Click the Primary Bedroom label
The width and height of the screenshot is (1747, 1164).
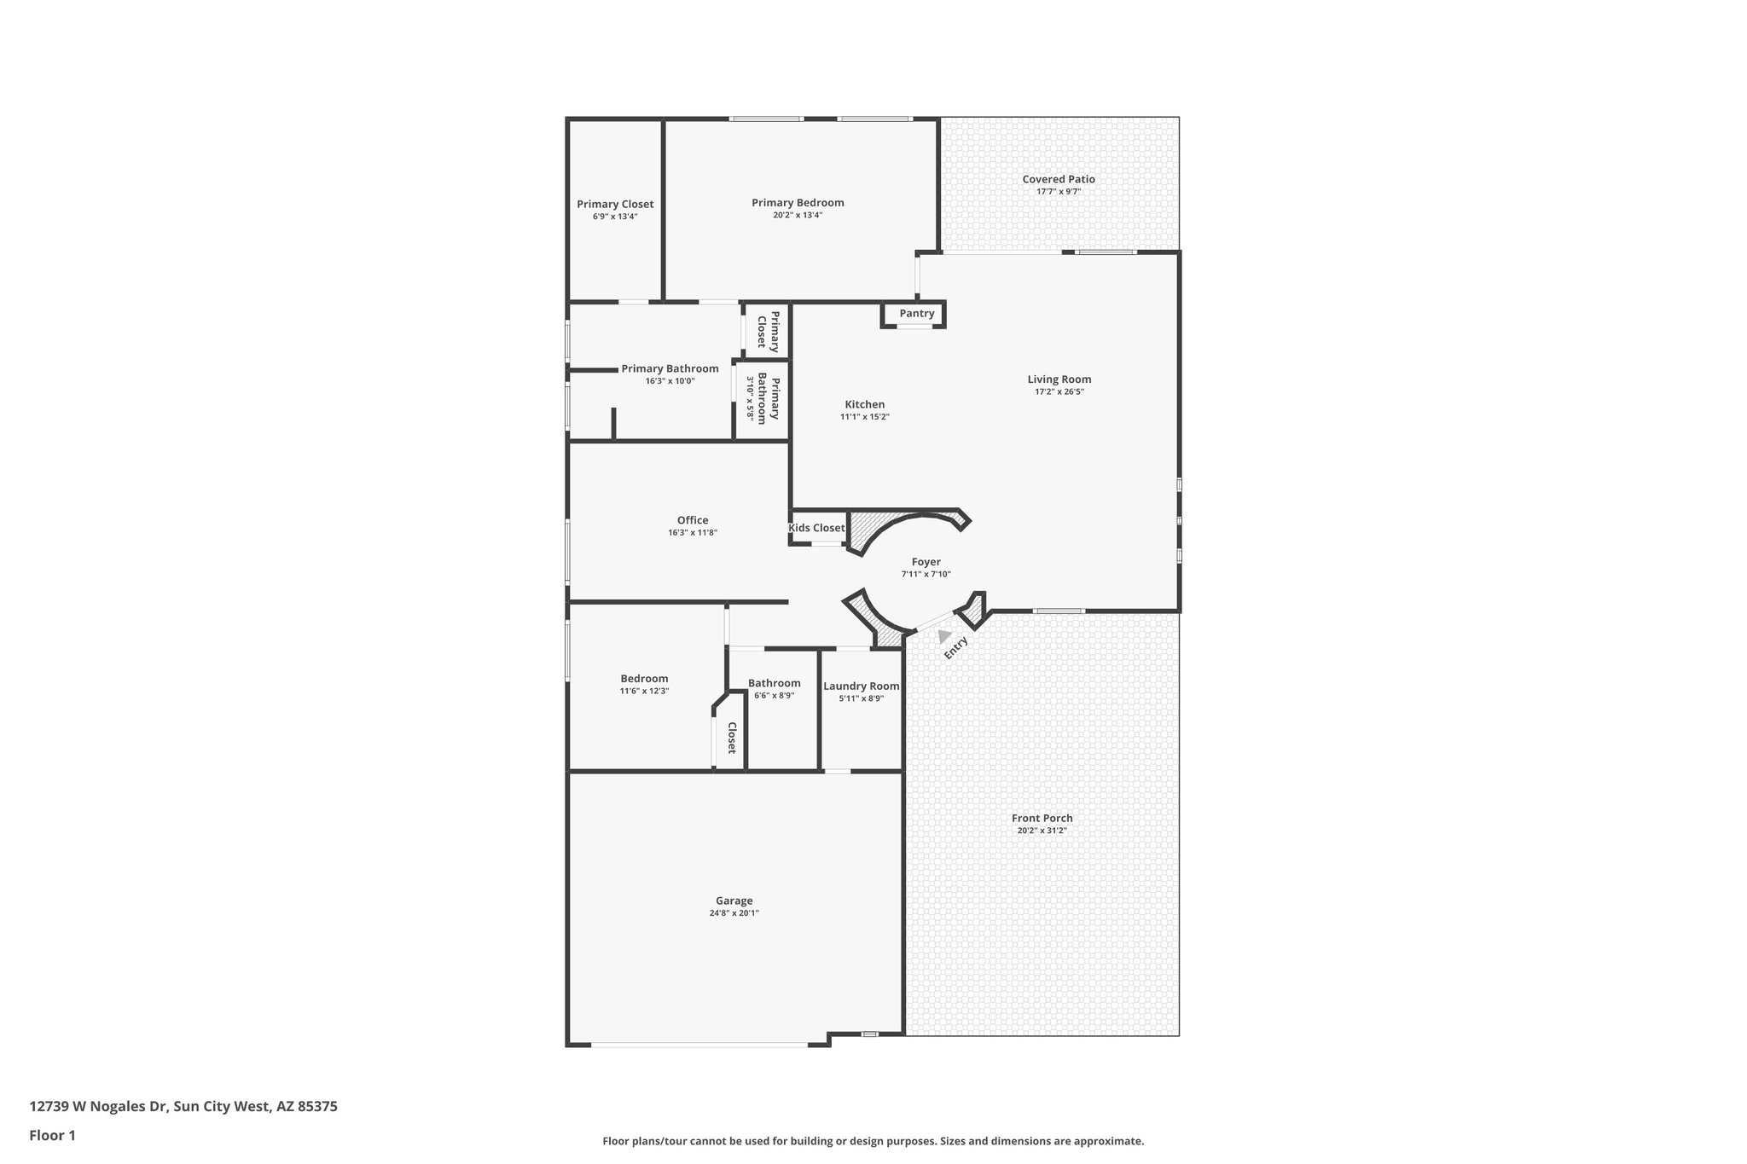798,203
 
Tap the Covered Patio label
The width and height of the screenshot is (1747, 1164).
1059,179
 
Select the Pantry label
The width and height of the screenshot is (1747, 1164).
917,314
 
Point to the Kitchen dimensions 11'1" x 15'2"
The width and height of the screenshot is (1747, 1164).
865,417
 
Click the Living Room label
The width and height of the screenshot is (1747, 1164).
1059,379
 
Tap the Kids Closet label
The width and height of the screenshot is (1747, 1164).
816,528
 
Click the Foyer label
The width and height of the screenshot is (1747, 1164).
926,562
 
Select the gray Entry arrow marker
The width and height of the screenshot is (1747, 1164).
943,636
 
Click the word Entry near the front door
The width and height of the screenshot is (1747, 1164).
956,648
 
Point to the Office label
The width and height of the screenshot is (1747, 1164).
693,520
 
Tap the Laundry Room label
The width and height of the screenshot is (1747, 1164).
861,686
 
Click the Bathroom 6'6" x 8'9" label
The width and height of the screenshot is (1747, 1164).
774,683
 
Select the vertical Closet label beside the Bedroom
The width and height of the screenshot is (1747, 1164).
732,738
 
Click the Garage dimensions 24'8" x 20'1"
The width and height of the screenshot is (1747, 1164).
734,913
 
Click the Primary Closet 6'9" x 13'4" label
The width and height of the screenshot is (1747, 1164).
615,205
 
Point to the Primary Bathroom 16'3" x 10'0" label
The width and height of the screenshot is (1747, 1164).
670,369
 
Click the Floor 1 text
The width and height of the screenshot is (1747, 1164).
53,1135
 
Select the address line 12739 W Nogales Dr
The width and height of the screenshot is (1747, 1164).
183,1107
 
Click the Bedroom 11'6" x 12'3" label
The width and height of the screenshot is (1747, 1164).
644,679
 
